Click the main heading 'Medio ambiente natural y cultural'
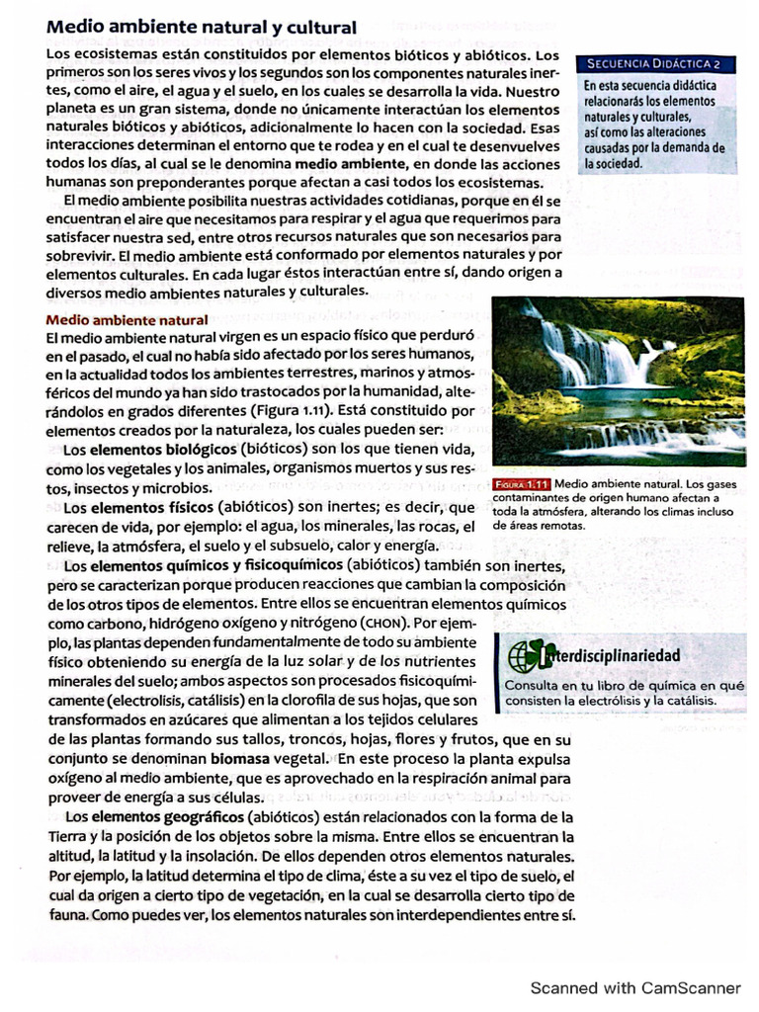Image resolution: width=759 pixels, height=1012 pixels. (202, 28)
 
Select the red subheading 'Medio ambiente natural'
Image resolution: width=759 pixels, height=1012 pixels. (127, 319)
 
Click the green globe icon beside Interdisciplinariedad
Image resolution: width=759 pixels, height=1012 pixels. (524, 655)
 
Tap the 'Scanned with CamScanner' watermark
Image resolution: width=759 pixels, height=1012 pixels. (634, 987)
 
